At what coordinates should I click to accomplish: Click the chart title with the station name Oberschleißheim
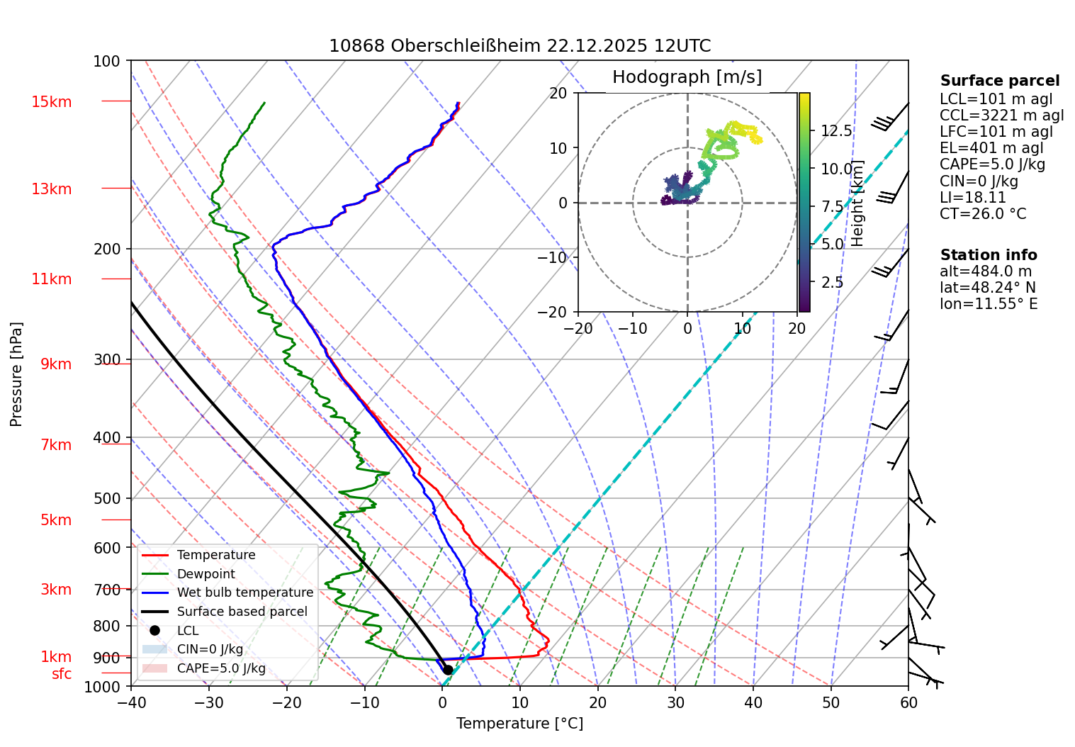point(519,46)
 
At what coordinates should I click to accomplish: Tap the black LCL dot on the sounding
point(448,670)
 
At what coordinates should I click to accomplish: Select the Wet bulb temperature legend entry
point(244,592)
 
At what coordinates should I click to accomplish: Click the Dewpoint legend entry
point(206,574)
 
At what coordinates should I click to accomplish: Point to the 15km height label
point(51,102)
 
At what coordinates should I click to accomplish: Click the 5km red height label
point(56,520)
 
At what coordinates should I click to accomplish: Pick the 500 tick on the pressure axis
point(107,498)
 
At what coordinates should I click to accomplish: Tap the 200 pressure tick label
point(107,249)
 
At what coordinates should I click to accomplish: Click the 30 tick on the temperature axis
point(675,703)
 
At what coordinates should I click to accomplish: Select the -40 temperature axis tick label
point(131,703)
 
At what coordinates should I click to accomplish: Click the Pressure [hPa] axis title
point(16,374)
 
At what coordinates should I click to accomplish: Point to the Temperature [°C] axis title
point(519,724)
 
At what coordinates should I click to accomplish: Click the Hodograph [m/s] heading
point(687,77)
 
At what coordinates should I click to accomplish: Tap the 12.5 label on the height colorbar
point(836,131)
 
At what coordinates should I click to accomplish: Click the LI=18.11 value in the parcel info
point(973,198)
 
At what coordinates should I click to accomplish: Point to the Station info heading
point(989,255)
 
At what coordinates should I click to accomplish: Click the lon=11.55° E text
point(989,304)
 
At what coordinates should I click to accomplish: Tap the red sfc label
point(62,674)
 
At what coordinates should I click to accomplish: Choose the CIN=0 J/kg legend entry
point(210,649)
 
